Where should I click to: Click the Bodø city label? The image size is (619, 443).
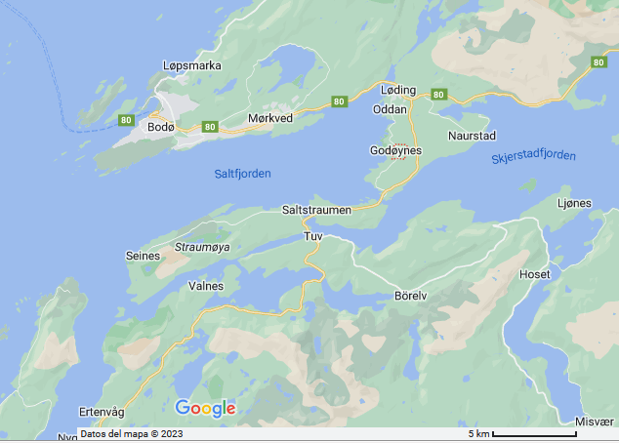[x=159, y=127]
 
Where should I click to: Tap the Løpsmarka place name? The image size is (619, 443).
[x=191, y=66]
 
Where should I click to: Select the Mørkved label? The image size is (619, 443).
[x=270, y=118]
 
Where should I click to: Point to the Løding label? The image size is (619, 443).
[x=397, y=91]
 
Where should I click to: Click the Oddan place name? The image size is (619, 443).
[x=390, y=109]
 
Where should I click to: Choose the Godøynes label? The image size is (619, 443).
[x=395, y=150]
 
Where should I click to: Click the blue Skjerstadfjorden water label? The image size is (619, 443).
[x=533, y=156]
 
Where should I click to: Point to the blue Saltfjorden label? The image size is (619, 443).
[x=242, y=174]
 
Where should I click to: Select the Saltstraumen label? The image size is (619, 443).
[x=316, y=211]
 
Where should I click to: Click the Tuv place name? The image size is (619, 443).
[x=313, y=237]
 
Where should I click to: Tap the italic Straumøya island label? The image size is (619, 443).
[x=202, y=248]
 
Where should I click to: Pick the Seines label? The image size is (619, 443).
[x=143, y=256]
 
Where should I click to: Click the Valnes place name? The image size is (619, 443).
[x=205, y=287]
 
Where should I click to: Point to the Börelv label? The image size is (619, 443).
[x=412, y=295]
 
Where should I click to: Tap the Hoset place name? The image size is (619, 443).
[x=535, y=275]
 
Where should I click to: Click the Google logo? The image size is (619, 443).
[x=205, y=408]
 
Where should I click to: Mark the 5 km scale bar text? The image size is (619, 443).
[x=478, y=433]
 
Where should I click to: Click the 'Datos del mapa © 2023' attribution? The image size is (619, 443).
[x=131, y=434]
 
